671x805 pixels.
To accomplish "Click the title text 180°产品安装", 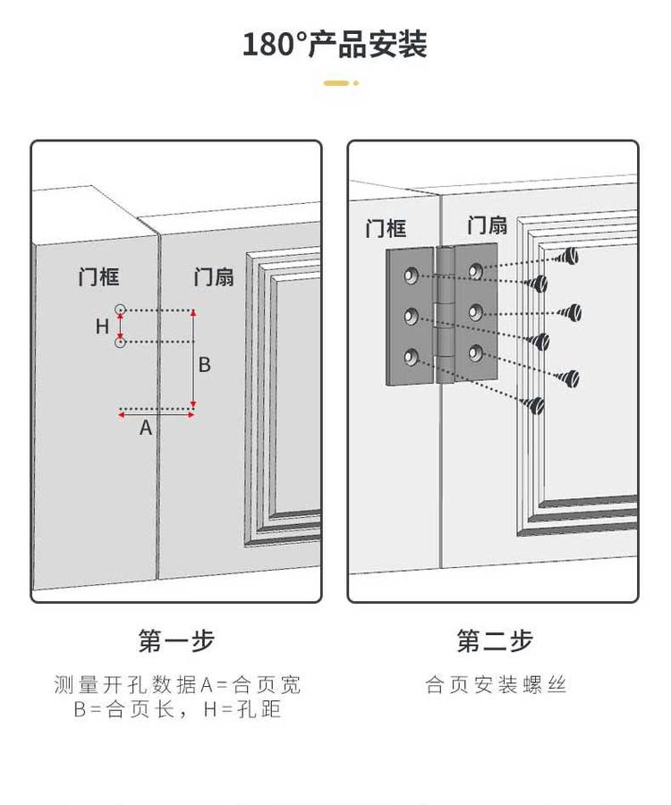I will click(335, 44).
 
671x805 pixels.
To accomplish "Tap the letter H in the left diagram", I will click(103, 326).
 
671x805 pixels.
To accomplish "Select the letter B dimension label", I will click(204, 364).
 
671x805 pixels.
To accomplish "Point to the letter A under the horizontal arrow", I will click(146, 428).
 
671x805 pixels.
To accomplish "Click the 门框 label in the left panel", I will click(98, 277).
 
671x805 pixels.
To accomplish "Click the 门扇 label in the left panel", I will click(214, 277).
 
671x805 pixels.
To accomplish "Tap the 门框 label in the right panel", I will click(386, 228).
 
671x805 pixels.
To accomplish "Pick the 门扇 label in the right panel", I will click(487, 225).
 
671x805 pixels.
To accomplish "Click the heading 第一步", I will click(176, 640).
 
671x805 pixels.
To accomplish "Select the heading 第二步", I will click(495, 640).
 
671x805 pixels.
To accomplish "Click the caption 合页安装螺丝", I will click(496, 686).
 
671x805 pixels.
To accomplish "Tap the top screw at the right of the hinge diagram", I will click(568, 258).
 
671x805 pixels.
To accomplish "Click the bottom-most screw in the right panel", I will click(537, 405).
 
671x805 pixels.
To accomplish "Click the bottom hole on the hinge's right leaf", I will click(475, 352).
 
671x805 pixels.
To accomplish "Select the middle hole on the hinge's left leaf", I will click(412, 315).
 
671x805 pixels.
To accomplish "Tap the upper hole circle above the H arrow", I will click(121, 309).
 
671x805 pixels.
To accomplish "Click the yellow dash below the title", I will click(338, 83).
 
